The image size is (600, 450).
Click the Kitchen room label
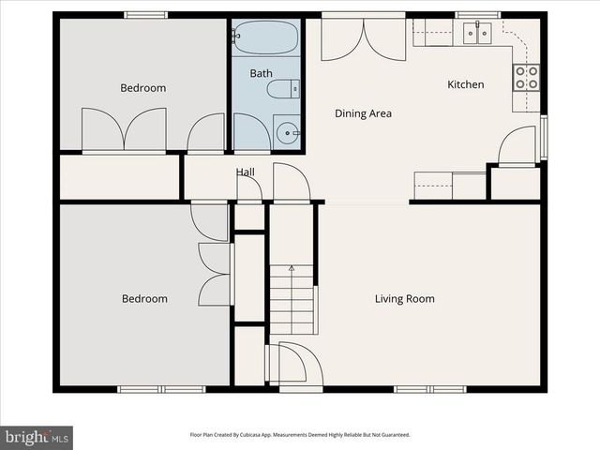[x=465, y=84]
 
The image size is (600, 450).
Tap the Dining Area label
[x=363, y=113]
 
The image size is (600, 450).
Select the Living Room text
[x=404, y=299]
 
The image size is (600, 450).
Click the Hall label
[x=245, y=172]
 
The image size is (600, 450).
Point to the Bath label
[x=261, y=72]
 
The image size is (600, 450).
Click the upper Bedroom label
[x=142, y=88]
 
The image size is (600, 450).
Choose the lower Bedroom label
[x=144, y=299]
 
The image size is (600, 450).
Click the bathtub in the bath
[x=265, y=37]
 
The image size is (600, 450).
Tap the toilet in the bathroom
[x=282, y=89]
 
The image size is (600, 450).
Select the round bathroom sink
[x=286, y=132]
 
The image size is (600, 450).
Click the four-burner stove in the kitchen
[x=527, y=77]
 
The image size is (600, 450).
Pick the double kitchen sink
[x=477, y=35]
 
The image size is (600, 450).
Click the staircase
[x=292, y=299]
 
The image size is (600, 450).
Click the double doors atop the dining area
[x=363, y=37]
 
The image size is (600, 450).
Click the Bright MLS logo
[x=37, y=437]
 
